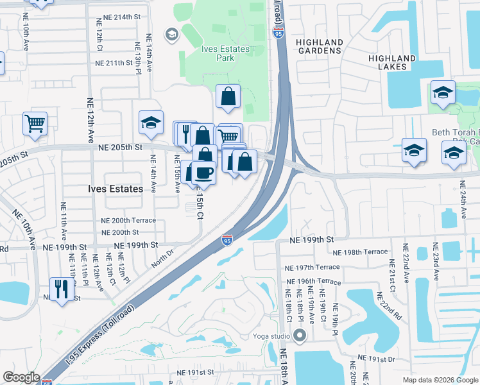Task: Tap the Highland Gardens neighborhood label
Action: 319,46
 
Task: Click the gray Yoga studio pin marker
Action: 300,336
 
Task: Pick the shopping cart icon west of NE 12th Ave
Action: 35,123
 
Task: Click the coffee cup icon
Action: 204,173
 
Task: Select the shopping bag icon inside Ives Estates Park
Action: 228,96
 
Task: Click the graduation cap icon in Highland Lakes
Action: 442,92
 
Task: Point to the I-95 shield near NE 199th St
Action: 227,240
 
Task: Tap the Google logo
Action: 21,377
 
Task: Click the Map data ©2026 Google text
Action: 440,380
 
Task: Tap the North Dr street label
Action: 163,254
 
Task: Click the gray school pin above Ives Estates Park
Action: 171,34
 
